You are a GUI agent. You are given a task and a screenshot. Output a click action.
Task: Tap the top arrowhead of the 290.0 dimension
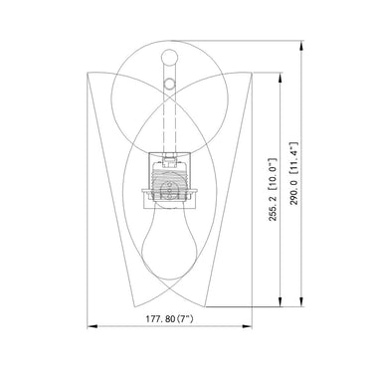click(x=301, y=43)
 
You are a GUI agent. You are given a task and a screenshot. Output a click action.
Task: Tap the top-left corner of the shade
click(x=88, y=74)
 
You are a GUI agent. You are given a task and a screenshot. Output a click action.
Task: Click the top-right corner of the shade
click(x=257, y=74)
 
